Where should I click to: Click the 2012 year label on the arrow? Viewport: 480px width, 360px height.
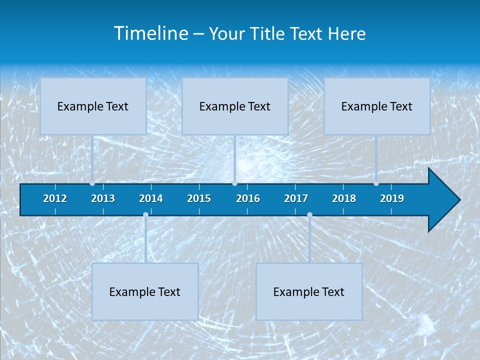pos(55,198)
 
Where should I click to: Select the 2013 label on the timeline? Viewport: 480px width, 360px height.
pos(103,198)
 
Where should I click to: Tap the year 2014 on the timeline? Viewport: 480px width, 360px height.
pos(151,198)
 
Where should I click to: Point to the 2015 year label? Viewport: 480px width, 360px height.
pos(199,198)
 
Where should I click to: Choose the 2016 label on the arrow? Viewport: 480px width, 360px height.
pos(248,198)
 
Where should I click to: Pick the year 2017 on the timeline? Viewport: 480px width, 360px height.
pos(296,198)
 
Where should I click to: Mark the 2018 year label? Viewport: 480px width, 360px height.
pos(344,198)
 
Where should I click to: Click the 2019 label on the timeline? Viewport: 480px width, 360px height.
pos(392,198)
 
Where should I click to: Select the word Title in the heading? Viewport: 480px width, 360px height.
pos(268,34)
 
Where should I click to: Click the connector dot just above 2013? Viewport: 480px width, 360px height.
pos(92,183)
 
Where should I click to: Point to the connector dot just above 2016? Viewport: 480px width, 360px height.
pos(234,183)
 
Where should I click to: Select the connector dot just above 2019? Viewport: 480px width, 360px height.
pos(376,183)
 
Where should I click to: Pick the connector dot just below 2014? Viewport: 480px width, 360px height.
pos(145,215)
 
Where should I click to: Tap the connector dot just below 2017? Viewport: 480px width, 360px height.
pos(309,215)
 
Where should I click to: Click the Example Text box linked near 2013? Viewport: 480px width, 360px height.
pos(93,106)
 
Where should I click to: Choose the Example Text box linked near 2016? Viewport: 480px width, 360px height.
pos(235,106)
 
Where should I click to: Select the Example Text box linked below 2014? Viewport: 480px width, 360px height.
pos(145,291)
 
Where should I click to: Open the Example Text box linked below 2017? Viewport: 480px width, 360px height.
pos(309,291)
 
